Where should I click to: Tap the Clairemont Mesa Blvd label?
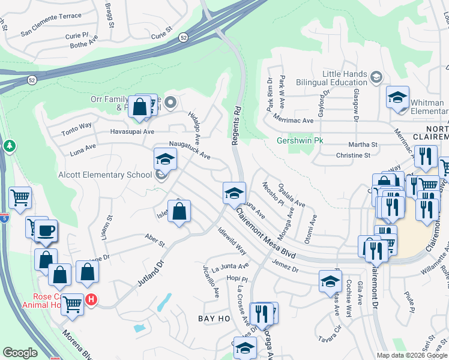[265, 234]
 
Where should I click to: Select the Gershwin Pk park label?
[300, 142]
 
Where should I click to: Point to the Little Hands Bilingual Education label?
[345, 77]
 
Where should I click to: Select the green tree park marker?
[10, 146]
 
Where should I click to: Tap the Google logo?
[20, 353]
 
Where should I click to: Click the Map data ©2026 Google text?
[411, 355]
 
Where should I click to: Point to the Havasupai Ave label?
[132, 131]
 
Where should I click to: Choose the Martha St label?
[364, 145]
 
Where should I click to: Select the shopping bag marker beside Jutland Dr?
[179, 212]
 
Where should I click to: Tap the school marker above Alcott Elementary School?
[166, 160]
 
